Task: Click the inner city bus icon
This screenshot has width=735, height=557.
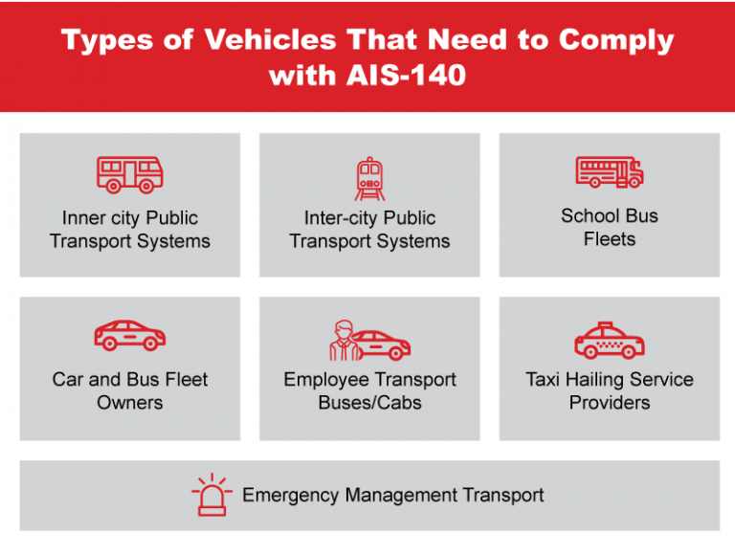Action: pyautogui.click(x=130, y=174)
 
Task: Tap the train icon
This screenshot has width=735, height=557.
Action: pyautogui.click(x=369, y=178)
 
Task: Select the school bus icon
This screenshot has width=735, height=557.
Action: pyautogui.click(x=610, y=172)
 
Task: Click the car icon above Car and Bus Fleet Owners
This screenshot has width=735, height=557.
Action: pyautogui.click(x=130, y=336)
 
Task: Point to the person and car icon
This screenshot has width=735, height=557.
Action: pyautogui.click(x=369, y=340)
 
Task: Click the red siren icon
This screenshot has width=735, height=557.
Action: pyautogui.click(x=211, y=496)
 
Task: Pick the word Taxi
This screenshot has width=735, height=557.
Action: pyautogui.click(x=544, y=379)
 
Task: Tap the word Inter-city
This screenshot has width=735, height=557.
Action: pyautogui.click(x=334, y=217)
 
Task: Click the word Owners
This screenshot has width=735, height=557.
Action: pyautogui.click(x=130, y=402)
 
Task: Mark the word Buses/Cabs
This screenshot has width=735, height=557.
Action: pyautogui.click(x=369, y=402)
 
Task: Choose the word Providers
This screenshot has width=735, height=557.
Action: pyautogui.click(x=610, y=402)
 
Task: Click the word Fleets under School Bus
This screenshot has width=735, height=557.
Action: pyautogui.click(x=610, y=238)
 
